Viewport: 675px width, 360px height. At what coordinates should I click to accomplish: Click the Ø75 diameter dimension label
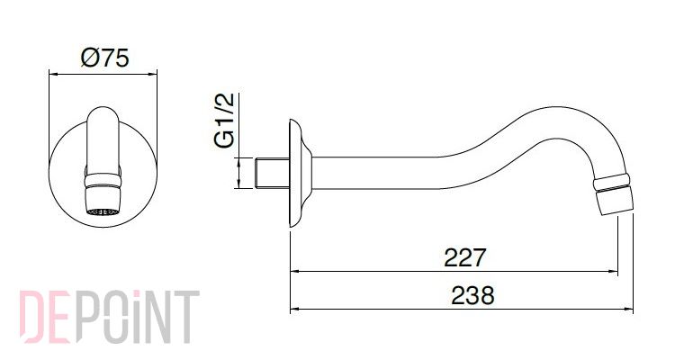pyautogui.click(x=104, y=58)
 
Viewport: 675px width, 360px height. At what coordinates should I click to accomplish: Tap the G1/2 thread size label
pyautogui.click(x=224, y=120)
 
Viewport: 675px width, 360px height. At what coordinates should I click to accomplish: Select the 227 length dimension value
pyautogui.click(x=464, y=257)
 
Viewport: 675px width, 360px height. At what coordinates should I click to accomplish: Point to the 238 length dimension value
pyautogui.click(x=472, y=295)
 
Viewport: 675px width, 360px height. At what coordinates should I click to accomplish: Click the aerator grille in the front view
pyautogui.click(x=103, y=211)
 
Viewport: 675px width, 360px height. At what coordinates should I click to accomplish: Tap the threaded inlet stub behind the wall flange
pyautogui.click(x=272, y=173)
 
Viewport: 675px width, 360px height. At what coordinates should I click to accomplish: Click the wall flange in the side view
pyautogui.click(x=300, y=173)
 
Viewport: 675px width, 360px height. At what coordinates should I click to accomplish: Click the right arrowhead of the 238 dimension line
pyautogui.click(x=629, y=310)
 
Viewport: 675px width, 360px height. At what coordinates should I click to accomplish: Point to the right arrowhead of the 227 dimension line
pyautogui.click(x=613, y=272)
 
